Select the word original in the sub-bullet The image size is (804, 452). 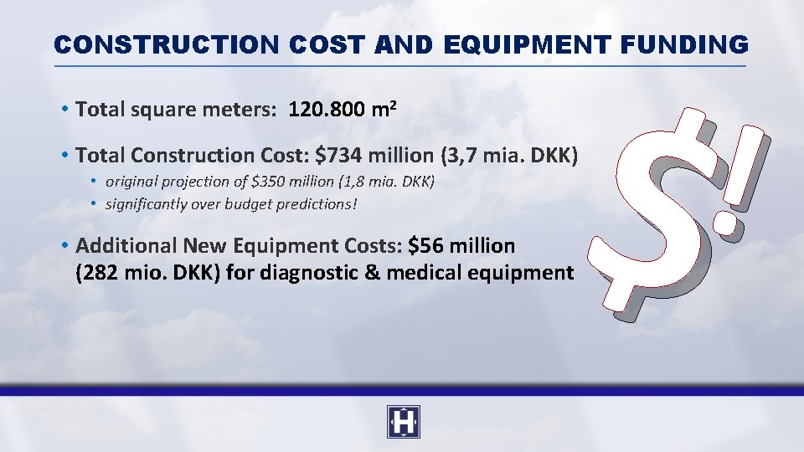coord(131,182)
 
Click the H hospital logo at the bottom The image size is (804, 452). coord(403,422)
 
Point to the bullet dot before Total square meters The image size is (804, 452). coord(64,110)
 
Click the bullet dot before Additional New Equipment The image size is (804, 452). coord(64,246)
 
